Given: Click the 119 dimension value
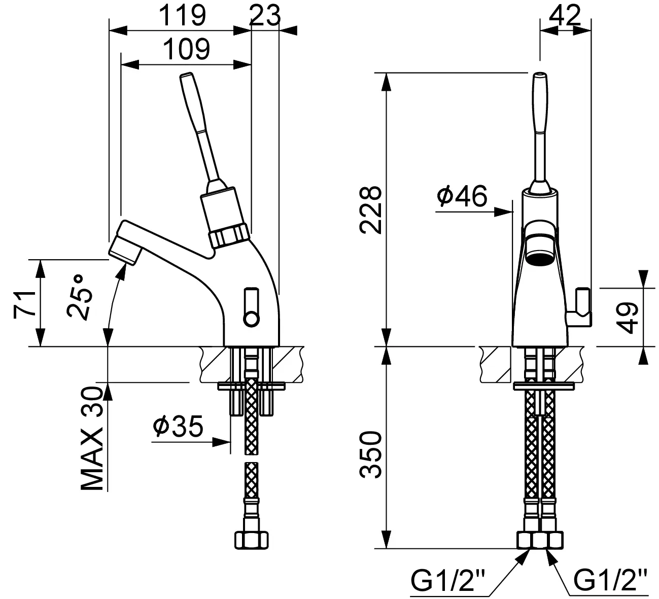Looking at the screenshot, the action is point(183,15).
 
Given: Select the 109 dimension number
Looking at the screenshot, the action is point(186,49).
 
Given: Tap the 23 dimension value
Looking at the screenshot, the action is point(265,15).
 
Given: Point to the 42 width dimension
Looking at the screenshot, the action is point(565,15).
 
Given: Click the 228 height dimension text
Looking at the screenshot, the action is point(371,210).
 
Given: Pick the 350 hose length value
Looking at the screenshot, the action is point(371,455).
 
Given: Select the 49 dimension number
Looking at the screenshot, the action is point(628,318).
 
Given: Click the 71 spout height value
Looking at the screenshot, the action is point(25,304).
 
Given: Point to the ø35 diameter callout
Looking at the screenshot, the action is point(178,426).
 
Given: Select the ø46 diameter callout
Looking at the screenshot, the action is point(462,196).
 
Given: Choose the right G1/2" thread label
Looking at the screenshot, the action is point(610,581).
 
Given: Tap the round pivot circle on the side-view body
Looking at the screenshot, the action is point(251,320).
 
